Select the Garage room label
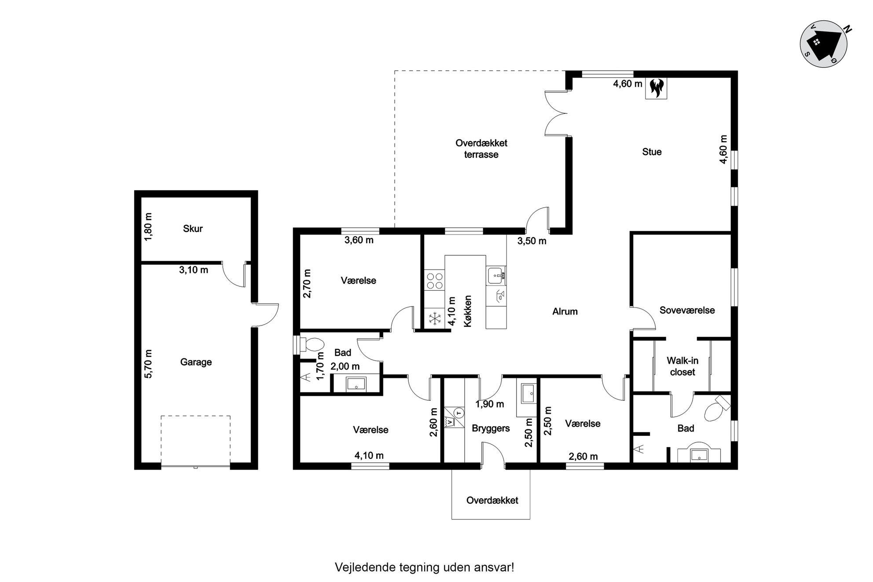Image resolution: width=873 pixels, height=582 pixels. tap(196, 362)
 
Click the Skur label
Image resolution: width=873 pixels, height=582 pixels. tap(193, 228)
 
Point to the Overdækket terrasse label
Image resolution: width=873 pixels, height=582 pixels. tap(481, 149)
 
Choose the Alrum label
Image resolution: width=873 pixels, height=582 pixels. tap(565, 311)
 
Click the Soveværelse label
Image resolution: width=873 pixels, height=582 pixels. tap(687, 310)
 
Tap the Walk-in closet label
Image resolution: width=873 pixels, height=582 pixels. tap(682, 366)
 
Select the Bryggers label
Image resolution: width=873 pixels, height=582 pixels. tap(491, 428)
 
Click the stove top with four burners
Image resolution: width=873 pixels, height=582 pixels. tap(434, 281)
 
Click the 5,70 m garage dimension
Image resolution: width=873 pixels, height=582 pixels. tap(148, 363)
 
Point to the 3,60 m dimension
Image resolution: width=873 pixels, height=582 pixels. tap(359, 240)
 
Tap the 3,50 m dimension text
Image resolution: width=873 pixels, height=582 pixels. tap(532, 241)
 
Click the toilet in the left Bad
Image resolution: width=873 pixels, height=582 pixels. tap(312, 344)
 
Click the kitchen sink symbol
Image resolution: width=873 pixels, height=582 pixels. tap(496, 275)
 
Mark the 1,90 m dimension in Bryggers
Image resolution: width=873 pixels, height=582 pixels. tap(490, 404)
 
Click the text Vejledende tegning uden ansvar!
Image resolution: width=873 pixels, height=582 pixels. tap(425, 567)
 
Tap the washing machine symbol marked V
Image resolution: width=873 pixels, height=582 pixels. tap(449, 422)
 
